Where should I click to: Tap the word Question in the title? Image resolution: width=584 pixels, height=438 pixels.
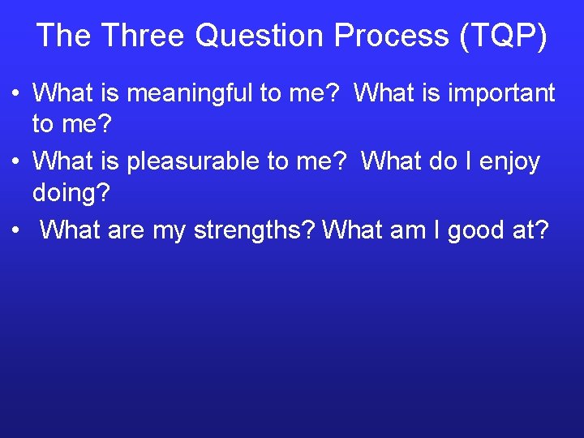[x=258, y=35]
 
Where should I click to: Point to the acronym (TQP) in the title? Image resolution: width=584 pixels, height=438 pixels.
[x=504, y=35]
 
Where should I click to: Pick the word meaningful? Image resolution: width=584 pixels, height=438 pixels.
[x=191, y=93]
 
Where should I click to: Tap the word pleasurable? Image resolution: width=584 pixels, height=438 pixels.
[x=193, y=161]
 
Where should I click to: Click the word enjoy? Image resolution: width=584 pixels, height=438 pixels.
[x=511, y=161]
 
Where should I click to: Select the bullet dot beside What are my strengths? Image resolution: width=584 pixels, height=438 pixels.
[x=17, y=230]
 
